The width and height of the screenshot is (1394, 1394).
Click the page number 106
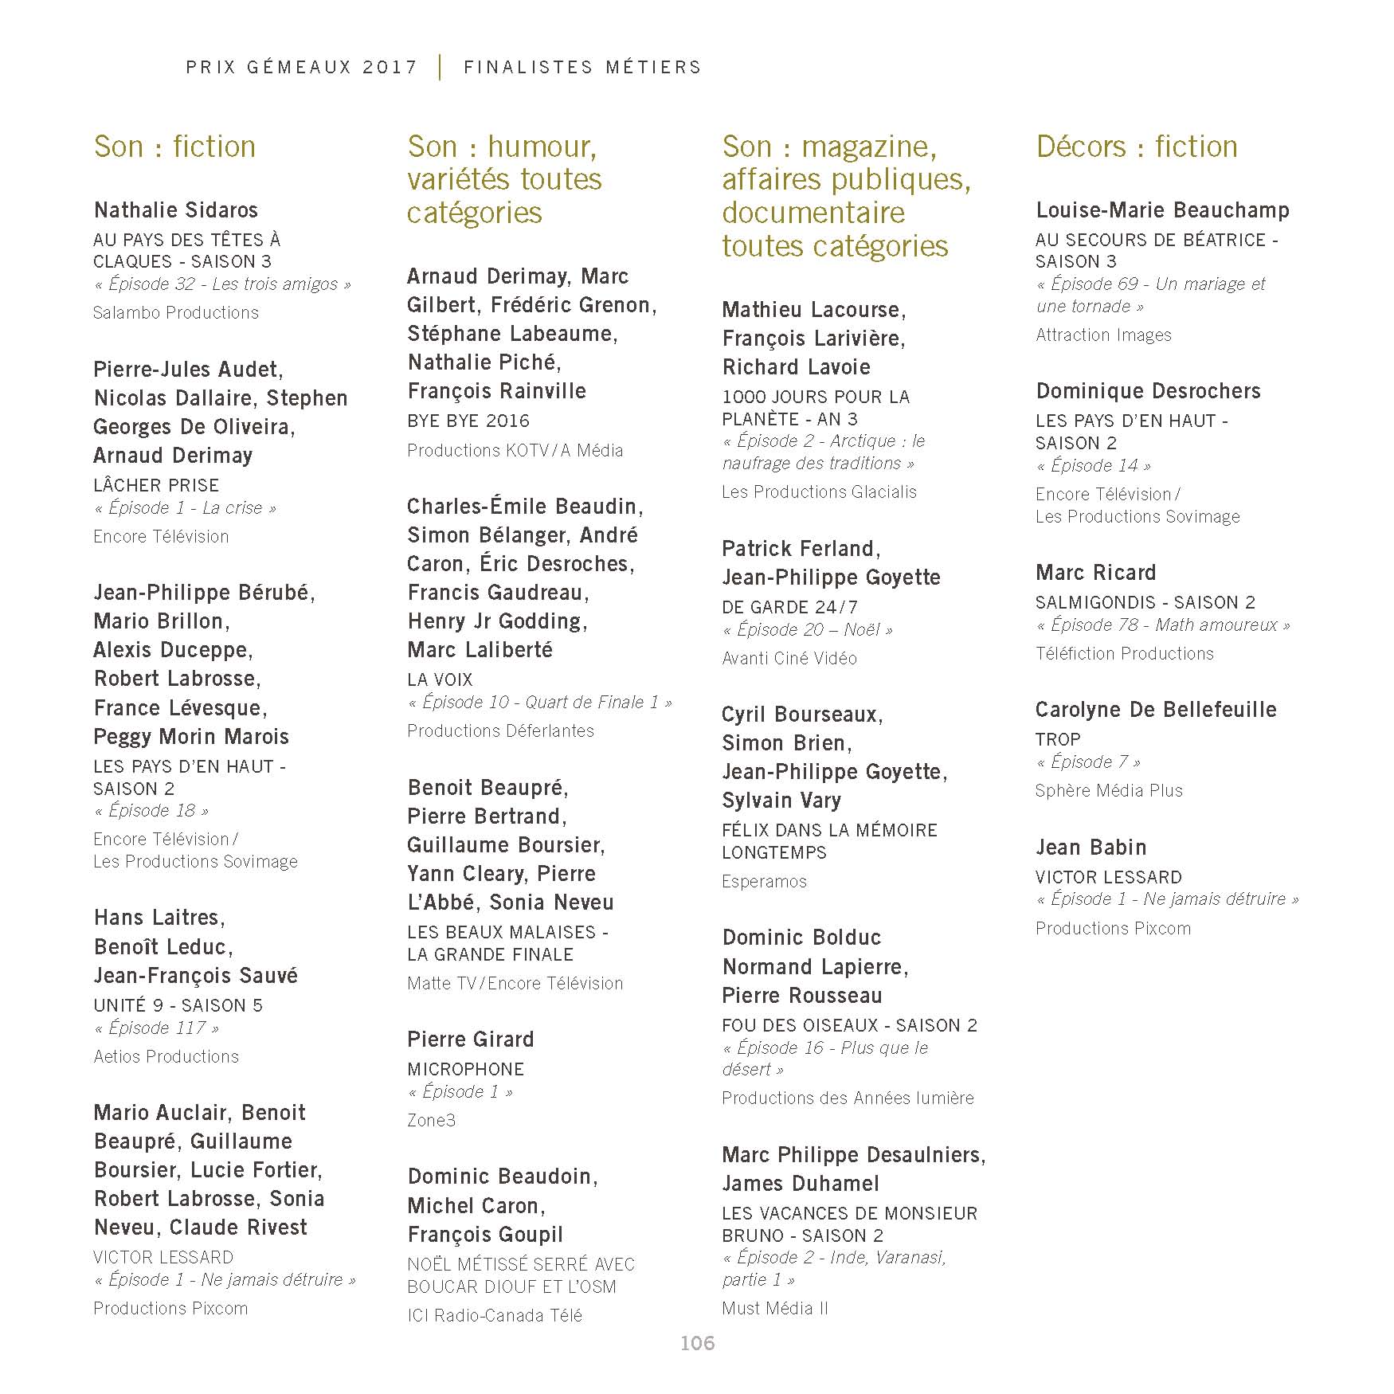697,1343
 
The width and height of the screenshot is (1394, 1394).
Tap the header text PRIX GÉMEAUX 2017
301,68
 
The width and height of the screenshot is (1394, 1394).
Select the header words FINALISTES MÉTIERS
582,68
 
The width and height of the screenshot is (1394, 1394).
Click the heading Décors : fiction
1137,147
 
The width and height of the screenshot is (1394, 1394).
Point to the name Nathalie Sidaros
176,210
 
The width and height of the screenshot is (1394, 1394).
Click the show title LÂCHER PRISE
156,485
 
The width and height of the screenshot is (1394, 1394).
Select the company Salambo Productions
176,312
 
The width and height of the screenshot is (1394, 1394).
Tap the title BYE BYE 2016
468,421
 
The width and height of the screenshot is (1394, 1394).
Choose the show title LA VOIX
440,679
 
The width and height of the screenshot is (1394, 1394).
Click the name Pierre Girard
471,1040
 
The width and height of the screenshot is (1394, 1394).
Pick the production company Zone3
432,1120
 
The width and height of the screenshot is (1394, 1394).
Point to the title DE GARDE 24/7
789,607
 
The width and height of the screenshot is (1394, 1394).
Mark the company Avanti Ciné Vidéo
789,658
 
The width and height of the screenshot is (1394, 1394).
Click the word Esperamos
764,881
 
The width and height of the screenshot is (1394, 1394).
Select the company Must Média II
775,1308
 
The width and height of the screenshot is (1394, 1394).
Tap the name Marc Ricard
1096,573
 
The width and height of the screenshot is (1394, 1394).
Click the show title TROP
1058,739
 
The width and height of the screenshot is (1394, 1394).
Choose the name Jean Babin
1091,848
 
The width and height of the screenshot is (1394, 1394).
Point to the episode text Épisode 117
157,1028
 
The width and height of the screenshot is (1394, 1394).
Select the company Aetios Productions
166,1056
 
